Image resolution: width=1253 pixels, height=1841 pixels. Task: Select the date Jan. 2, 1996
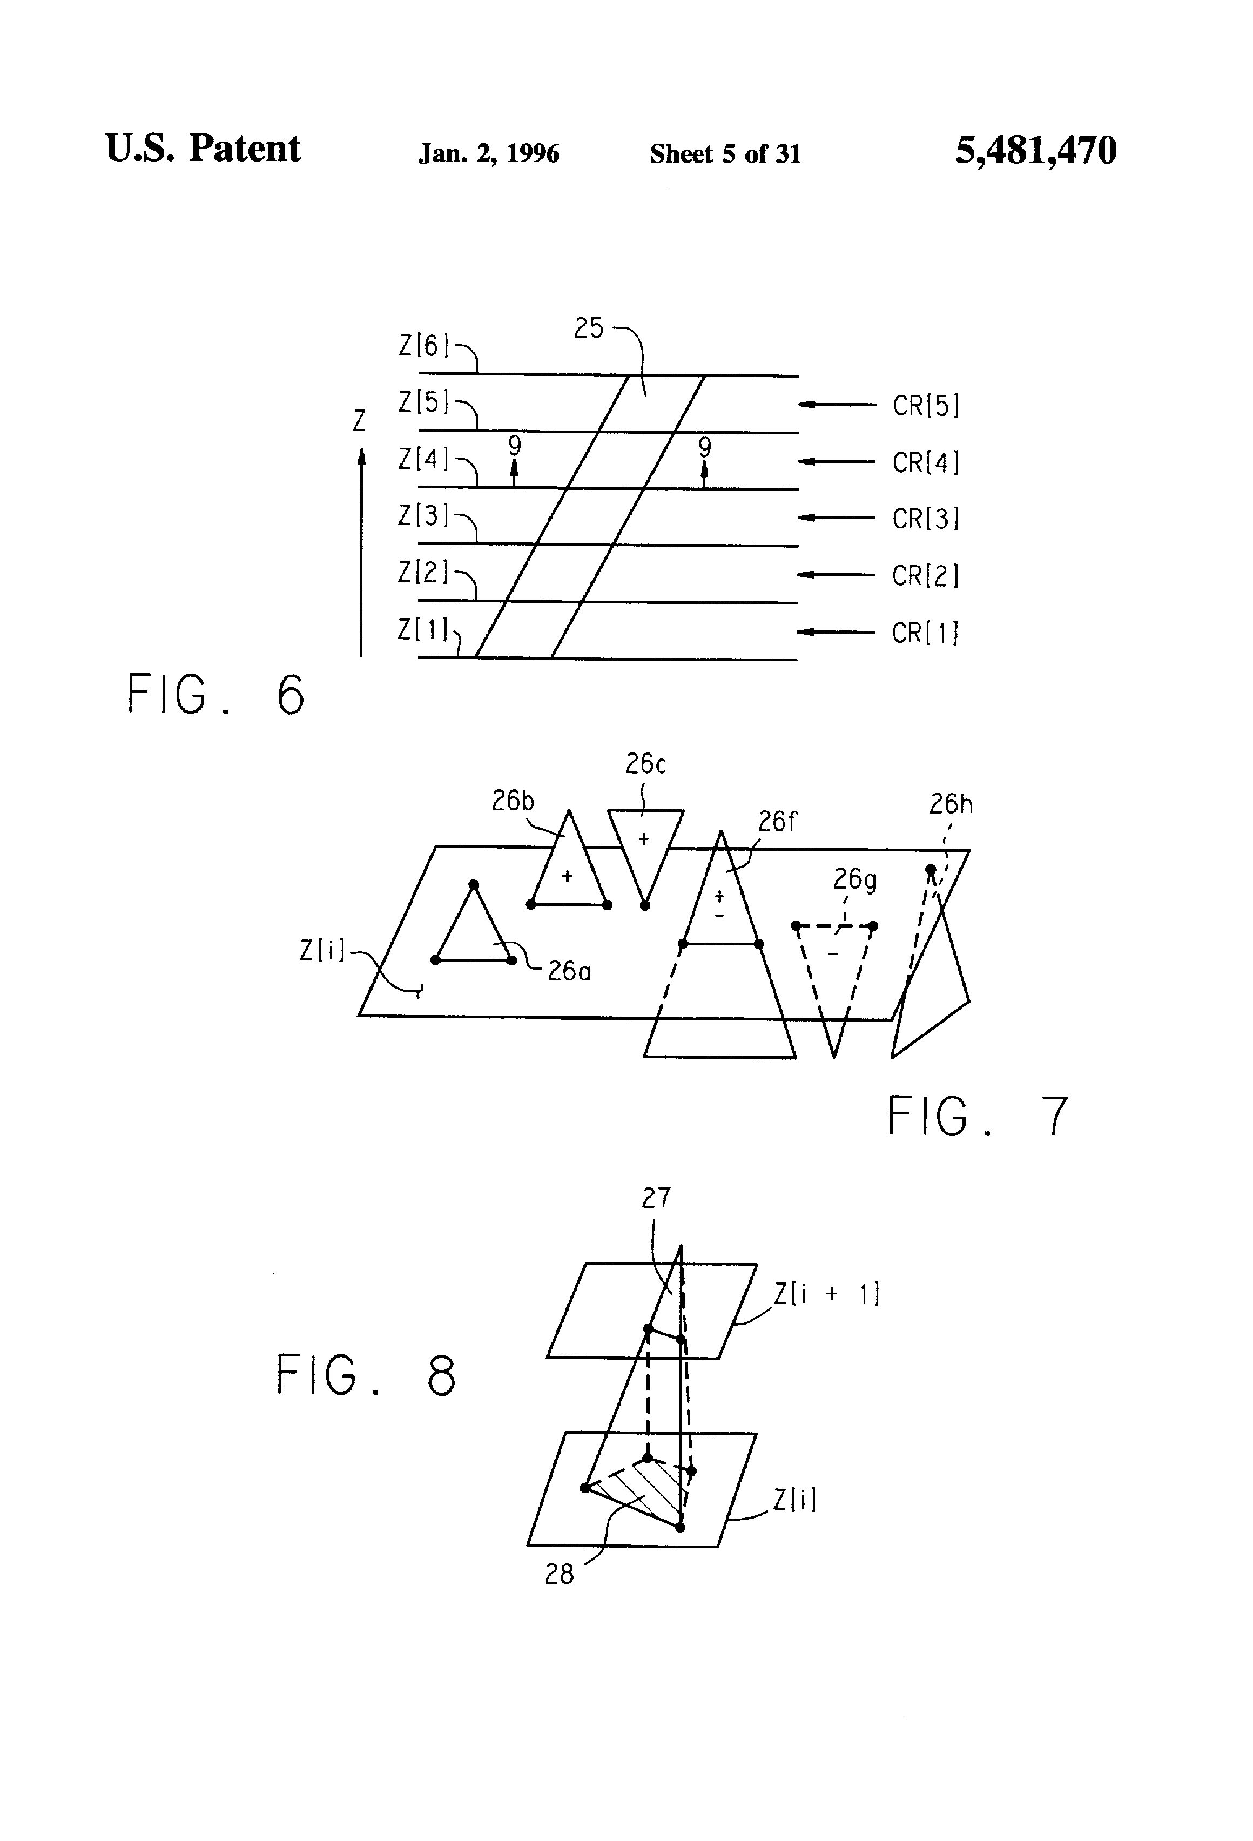point(489,153)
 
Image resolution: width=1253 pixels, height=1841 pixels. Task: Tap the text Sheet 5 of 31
point(725,153)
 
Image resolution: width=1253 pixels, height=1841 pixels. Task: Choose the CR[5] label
point(925,406)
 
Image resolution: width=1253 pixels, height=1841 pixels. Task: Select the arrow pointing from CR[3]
point(836,518)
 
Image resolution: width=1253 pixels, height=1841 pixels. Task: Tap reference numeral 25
point(589,328)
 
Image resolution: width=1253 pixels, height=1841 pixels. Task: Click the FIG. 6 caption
point(215,695)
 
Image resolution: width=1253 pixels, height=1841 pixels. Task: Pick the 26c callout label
point(645,764)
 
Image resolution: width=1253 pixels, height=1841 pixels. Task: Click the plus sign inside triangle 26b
point(567,876)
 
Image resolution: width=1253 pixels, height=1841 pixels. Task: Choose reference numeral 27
point(656,1198)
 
